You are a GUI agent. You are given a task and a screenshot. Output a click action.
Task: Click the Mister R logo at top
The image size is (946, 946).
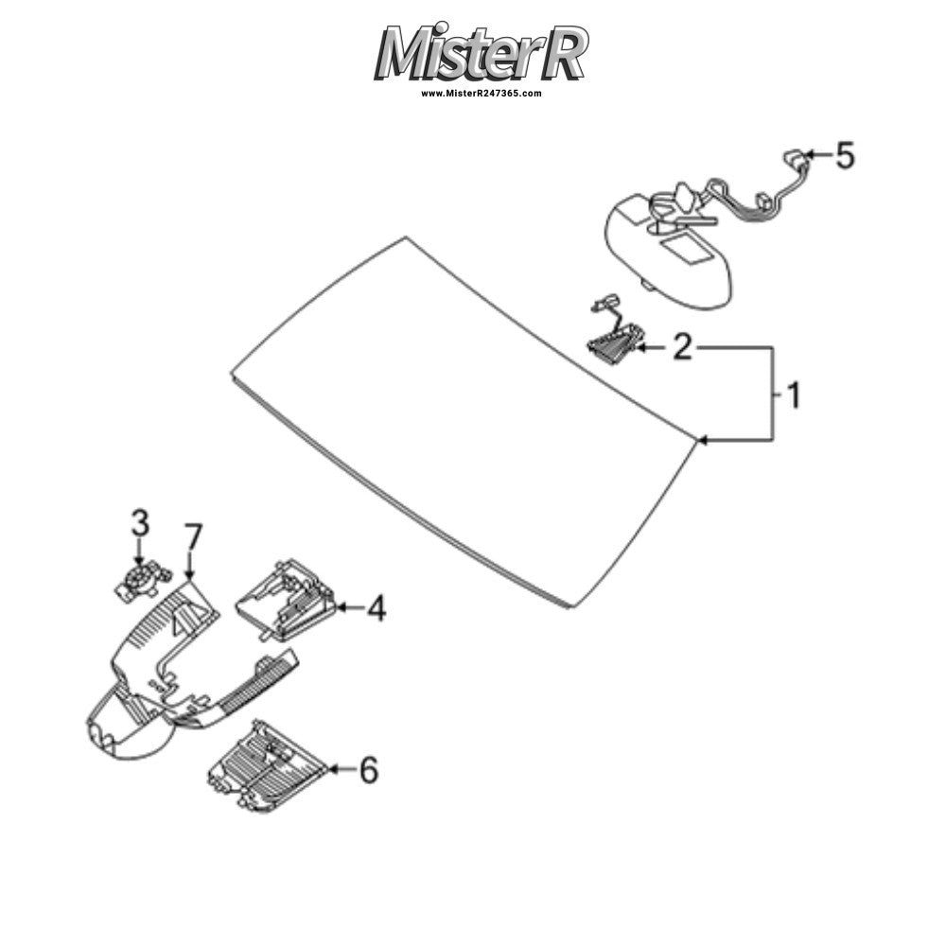tap(481, 52)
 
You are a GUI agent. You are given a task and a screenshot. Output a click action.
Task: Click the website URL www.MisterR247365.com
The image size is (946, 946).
tap(481, 94)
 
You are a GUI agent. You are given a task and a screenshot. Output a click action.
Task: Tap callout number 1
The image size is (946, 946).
tap(795, 395)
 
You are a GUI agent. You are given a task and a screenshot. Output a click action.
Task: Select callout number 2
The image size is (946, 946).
tap(682, 347)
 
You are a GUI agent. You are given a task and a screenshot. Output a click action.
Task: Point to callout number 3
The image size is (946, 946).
tap(140, 523)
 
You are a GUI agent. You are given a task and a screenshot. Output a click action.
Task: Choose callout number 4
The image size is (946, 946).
tap(377, 607)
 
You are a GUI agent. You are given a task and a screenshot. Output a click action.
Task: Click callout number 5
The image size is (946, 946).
tap(845, 155)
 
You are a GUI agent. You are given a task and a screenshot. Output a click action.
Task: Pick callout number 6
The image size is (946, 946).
tap(369, 770)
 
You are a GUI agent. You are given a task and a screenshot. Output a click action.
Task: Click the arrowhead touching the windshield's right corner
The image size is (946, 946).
tap(702, 441)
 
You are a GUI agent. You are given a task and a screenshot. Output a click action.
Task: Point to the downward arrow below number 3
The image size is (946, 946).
tap(140, 553)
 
